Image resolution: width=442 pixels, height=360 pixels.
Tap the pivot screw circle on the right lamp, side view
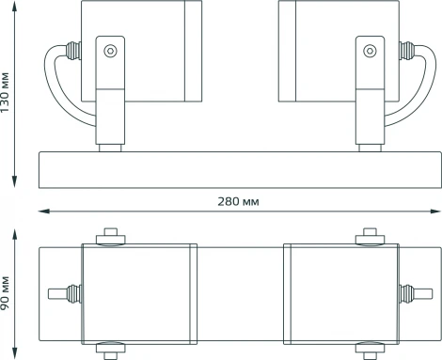(x=369, y=53)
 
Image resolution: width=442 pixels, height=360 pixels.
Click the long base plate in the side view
(x=235, y=168)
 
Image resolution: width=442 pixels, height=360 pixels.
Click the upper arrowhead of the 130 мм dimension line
(x=18, y=6)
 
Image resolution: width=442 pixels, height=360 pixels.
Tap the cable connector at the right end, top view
(x=411, y=292)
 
